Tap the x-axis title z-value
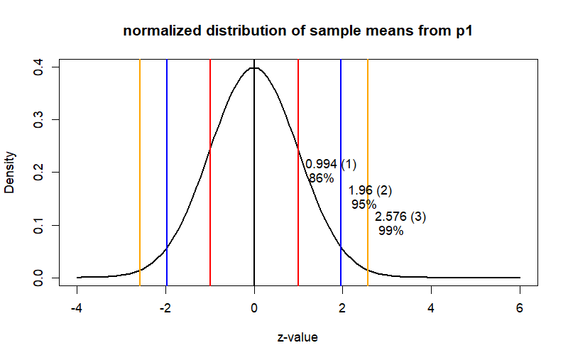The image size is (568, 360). coord(297,337)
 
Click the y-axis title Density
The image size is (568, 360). coord(11,173)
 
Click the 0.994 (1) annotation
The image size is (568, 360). coord(331,164)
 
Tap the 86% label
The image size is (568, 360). coord(321,178)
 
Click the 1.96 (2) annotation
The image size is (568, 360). coord(370,190)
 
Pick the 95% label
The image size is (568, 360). coord(364,204)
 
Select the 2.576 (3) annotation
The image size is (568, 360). coord(400,217)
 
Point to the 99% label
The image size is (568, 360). coord(390,231)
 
